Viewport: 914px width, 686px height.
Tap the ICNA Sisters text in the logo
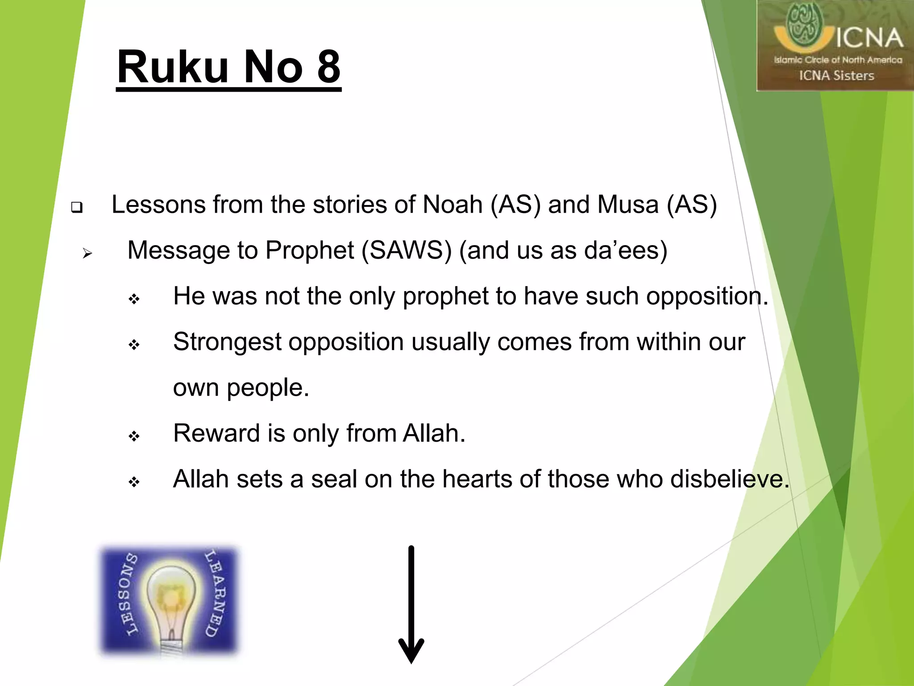[836, 76]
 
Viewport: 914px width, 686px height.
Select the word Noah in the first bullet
[453, 205]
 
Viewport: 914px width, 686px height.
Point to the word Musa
[628, 205]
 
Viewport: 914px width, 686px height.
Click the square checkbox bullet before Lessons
[77, 207]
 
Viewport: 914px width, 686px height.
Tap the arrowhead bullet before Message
[87, 254]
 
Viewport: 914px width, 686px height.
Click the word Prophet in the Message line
[310, 250]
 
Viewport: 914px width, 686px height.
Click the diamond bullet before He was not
[134, 299]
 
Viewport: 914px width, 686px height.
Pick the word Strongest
[227, 343]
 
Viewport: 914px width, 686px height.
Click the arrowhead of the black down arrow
[411, 652]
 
